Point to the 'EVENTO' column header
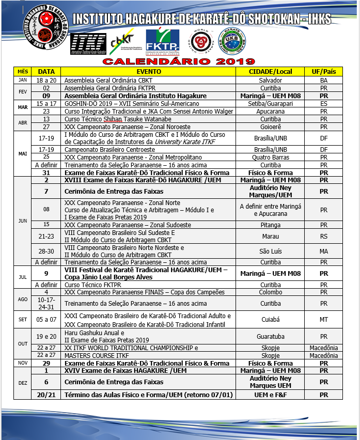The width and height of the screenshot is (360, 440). click(148, 72)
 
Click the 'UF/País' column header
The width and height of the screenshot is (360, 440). click(323, 72)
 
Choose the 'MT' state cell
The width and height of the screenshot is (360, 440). click(323, 319)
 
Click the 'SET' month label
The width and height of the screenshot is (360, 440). click(23, 319)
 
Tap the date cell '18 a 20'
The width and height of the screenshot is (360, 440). click(46, 81)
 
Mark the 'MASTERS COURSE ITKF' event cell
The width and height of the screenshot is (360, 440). click(149, 355)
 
